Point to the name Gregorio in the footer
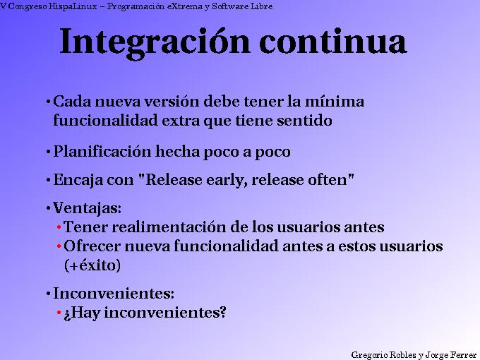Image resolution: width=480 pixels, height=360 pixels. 373,354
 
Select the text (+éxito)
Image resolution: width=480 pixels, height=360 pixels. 92,265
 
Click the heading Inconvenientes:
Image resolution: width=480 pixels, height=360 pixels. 114,293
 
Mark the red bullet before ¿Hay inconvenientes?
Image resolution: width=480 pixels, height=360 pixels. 59,313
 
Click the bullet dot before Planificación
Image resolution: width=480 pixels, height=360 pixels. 47,152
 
